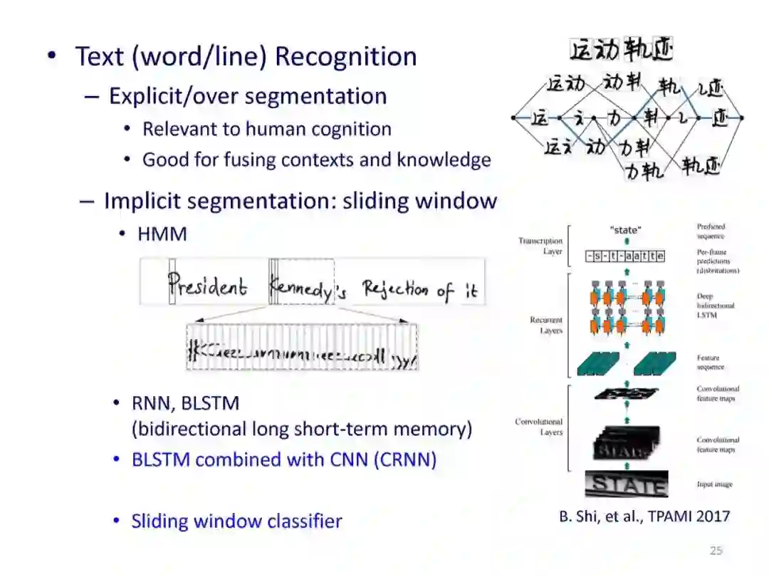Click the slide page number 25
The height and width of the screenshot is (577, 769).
(x=716, y=550)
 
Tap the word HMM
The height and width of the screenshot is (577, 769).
(x=162, y=234)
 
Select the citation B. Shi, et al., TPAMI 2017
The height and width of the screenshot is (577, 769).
(x=644, y=516)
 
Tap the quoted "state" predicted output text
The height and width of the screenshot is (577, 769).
(x=626, y=230)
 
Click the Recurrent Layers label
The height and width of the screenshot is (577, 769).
(x=546, y=326)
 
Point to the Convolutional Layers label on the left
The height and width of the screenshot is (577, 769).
(x=539, y=427)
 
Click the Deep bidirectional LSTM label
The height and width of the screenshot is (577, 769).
(x=716, y=305)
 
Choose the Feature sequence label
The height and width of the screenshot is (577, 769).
(x=711, y=363)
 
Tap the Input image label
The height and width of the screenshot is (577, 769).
(x=714, y=484)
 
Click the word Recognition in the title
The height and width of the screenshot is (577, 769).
(x=345, y=56)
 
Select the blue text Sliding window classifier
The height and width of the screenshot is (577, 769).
(x=236, y=521)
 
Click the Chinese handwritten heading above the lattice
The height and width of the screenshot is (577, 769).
(x=622, y=49)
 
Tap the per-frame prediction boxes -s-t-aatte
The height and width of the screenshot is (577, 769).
(x=625, y=256)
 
